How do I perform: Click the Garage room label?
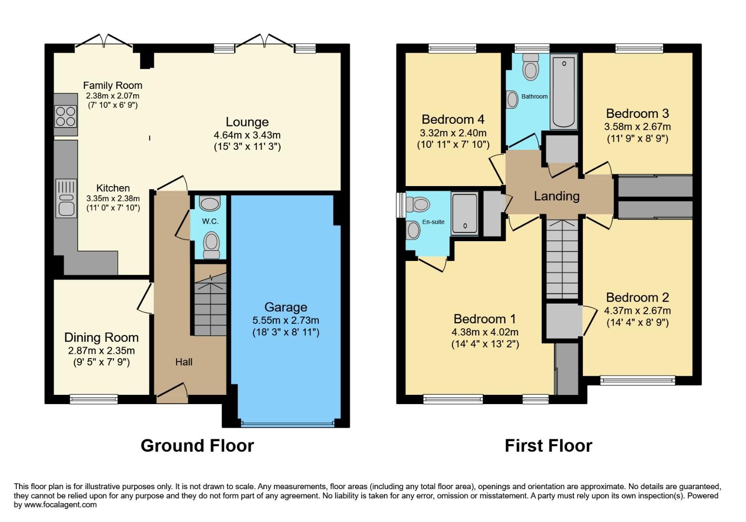[x=285, y=307]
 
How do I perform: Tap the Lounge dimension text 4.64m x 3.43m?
[x=247, y=135]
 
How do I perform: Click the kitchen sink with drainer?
[x=66, y=198]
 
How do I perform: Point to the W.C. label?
[x=210, y=221]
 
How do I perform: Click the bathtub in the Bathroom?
[x=563, y=92]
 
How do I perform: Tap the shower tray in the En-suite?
[x=464, y=214]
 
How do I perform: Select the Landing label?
[x=556, y=196]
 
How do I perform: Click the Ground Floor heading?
[x=197, y=445]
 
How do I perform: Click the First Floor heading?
[x=548, y=445]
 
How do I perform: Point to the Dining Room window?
[x=93, y=399]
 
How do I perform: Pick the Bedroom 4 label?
[x=453, y=119]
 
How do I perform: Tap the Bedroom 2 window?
[x=637, y=380]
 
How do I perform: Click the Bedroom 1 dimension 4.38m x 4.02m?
[x=485, y=332]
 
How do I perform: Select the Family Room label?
[x=113, y=86]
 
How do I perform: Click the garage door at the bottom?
[x=287, y=424]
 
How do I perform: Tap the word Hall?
[x=184, y=362]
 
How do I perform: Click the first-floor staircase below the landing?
[x=562, y=259]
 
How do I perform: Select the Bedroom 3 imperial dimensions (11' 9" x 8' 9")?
[x=637, y=138]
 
